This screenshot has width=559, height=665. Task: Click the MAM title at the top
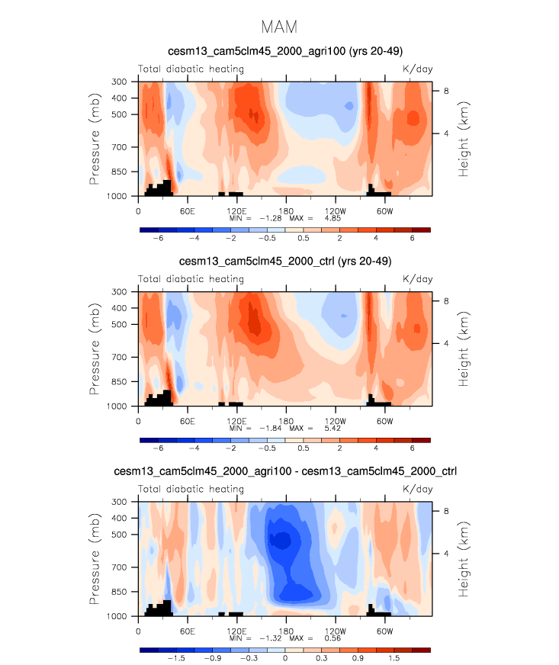(279, 27)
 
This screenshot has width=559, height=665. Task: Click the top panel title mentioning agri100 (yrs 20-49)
(279, 51)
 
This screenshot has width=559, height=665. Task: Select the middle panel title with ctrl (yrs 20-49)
(279, 262)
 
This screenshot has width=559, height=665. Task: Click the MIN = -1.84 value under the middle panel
(258, 428)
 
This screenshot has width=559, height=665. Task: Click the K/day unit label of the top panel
(417, 69)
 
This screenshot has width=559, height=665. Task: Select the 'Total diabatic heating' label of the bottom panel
(191, 490)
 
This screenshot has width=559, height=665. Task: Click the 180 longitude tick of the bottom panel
(286, 631)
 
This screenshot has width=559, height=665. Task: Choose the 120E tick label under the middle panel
(236, 421)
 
